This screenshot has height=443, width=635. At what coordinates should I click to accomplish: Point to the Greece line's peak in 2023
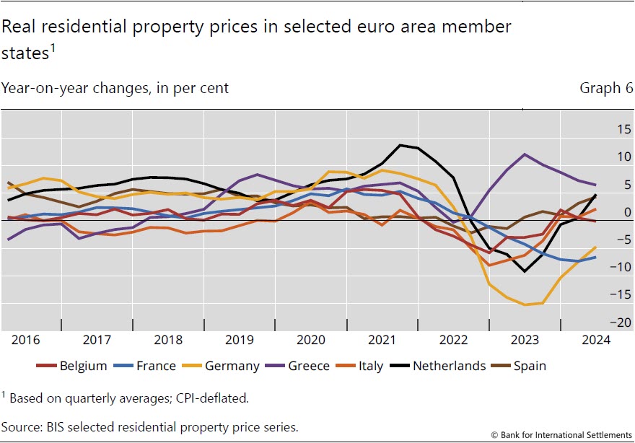525,154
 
